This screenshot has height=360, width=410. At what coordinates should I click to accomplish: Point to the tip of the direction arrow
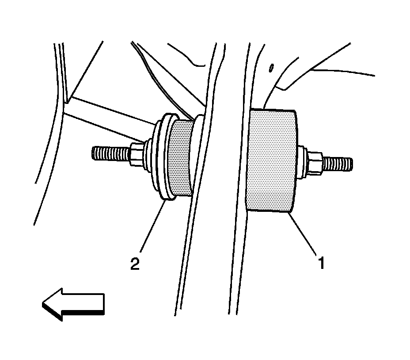point(44,304)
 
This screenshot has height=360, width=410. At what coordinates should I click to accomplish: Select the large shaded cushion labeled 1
point(272,160)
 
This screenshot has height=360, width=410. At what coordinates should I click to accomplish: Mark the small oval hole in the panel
point(271,68)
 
